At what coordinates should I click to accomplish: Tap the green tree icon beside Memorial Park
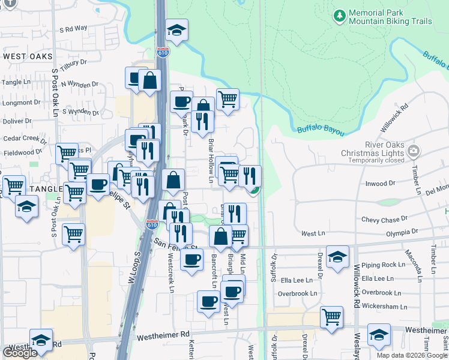[x=340, y=14]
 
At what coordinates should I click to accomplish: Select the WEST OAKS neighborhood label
[x=28, y=56]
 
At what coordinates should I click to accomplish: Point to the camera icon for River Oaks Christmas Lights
[x=413, y=150]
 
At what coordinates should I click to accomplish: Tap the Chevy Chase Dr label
[x=384, y=220]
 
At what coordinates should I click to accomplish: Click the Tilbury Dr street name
[x=73, y=62]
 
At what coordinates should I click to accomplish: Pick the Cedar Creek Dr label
[x=25, y=139]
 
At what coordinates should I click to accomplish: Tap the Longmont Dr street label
[x=20, y=103]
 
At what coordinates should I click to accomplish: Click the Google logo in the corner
[x=20, y=353]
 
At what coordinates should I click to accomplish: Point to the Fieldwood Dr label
[x=19, y=153]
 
